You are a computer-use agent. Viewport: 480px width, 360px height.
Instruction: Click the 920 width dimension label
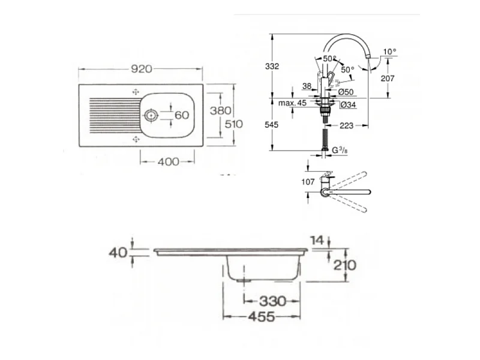click(142, 69)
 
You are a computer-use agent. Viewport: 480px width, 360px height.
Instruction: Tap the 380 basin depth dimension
click(220, 110)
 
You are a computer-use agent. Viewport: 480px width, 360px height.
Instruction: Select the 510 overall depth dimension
click(234, 124)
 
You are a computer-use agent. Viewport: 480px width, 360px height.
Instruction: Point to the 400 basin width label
click(169, 161)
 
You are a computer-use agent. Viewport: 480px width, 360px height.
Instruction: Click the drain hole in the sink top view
click(151, 115)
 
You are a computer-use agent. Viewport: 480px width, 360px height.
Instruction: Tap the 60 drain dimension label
click(182, 115)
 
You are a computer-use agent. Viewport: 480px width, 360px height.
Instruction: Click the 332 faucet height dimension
click(272, 66)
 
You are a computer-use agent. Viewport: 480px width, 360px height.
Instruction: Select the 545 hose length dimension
click(272, 125)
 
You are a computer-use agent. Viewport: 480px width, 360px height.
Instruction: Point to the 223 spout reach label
click(347, 125)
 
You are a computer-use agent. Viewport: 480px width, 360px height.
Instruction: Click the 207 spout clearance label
click(388, 79)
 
